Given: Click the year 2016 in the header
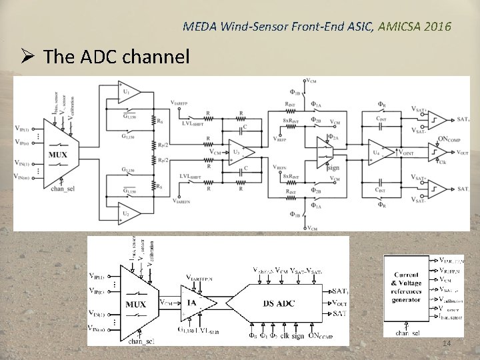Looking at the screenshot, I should [438, 27].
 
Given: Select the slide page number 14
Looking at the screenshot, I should [446, 343].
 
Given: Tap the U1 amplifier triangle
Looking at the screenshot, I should [127, 90].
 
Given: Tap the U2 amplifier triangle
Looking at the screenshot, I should [127, 214].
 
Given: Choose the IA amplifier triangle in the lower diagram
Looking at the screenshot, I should [194, 303].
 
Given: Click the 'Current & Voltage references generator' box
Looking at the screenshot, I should [407, 287].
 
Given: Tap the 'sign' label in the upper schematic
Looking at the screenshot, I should [334, 168].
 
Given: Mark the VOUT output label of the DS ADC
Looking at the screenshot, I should [339, 303].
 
